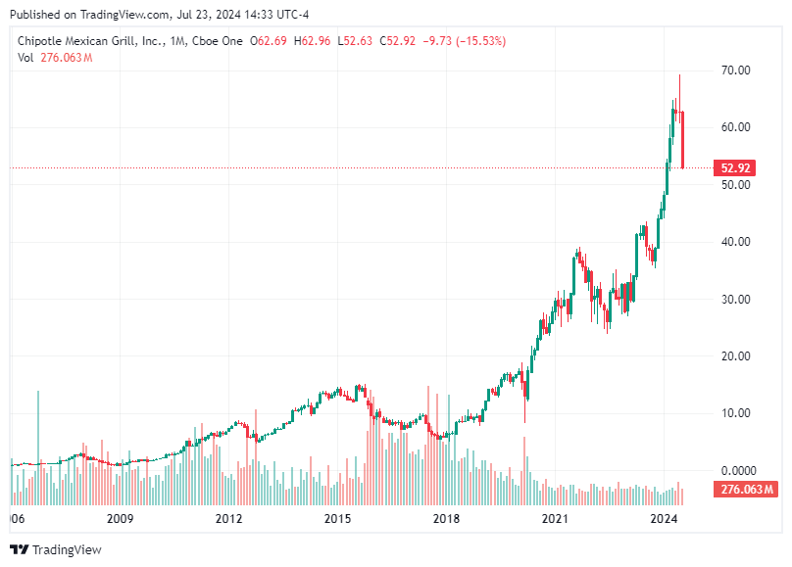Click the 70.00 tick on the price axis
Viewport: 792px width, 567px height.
click(x=736, y=71)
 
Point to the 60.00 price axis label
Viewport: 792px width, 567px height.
click(x=736, y=127)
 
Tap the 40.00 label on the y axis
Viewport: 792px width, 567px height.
click(x=736, y=242)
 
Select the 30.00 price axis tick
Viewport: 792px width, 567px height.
click(x=736, y=299)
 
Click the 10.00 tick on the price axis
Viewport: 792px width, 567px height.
click(x=736, y=413)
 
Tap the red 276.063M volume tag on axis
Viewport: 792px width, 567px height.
click(x=747, y=489)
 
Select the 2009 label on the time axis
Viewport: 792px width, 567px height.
click(x=120, y=518)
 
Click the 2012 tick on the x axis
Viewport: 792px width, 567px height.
click(x=228, y=518)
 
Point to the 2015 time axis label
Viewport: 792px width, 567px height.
click(x=337, y=518)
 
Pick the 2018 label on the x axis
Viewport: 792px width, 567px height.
click(x=446, y=518)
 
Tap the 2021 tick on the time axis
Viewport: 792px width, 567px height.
click(x=556, y=518)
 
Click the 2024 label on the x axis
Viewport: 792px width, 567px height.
click(x=665, y=518)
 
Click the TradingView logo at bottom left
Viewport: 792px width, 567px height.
click(x=56, y=549)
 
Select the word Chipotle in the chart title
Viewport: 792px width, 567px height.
click(x=45, y=40)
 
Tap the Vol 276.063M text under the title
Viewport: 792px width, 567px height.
click(x=55, y=58)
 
